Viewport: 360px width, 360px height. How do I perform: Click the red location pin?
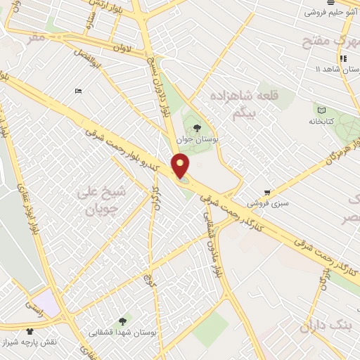coord(181,166)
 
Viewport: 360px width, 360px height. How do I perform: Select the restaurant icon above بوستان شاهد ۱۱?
coord(343,58)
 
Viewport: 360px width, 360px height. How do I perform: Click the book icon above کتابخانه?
coord(321,110)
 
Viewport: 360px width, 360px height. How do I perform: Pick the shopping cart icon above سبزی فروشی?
coord(267,192)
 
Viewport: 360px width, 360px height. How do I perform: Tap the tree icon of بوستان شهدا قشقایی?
coord(123,321)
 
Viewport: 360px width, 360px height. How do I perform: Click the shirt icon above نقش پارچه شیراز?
coord(30,330)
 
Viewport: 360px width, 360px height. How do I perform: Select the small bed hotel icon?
coord(78,90)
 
